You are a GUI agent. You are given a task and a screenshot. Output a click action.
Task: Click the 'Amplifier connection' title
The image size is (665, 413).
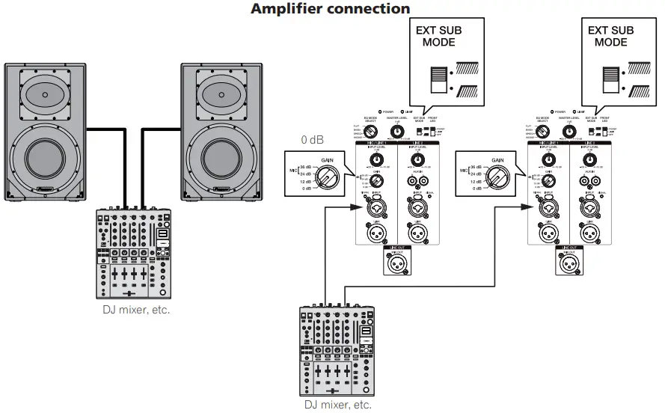[x=330, y=9]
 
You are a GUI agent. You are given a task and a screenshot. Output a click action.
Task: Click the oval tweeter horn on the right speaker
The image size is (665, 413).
[x=221, y=95]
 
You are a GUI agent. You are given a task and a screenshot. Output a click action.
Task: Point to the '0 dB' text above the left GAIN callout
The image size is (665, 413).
[x=313, y=140]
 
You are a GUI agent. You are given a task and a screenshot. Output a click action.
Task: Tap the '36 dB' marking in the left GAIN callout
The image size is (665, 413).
[x=304, y=167]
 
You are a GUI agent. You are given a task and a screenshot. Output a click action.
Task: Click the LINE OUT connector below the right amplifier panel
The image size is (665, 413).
[x=569, y=261]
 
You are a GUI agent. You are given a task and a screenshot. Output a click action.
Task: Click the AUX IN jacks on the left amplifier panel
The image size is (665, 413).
[x=417, y=180]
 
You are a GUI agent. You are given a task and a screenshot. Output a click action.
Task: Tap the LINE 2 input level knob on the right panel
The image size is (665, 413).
[x=589, y=159]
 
